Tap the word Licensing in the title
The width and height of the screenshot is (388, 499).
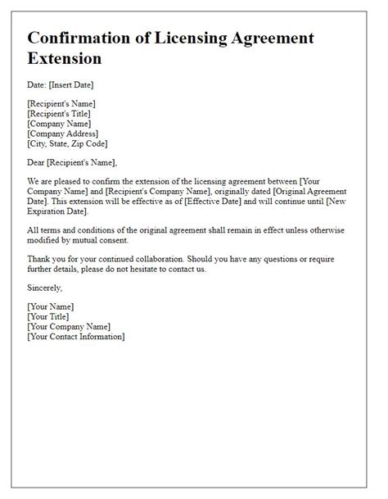tap(201, 39)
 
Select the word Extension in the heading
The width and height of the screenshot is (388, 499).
tap(65, 59)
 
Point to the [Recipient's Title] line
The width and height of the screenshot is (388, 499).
tap(61, 114)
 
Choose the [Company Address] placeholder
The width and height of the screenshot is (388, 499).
tap(62, 134)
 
